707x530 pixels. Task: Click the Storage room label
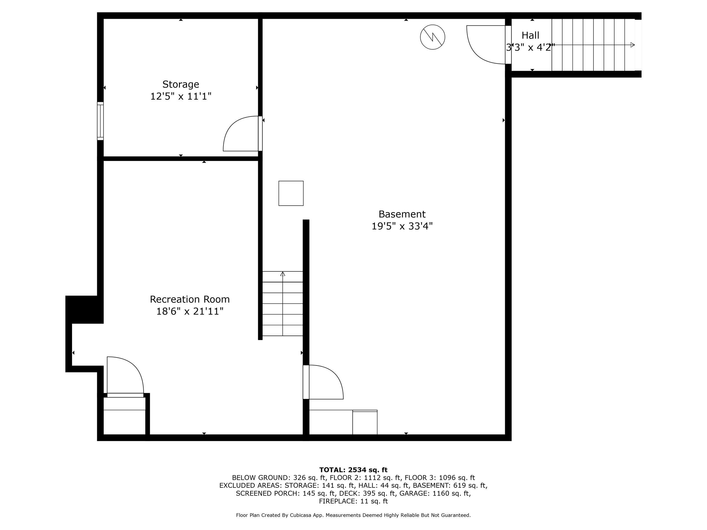(181, 84)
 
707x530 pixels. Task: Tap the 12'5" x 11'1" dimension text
(181, 96)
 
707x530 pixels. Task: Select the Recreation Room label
(190, 299)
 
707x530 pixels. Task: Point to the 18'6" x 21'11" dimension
(190, 311)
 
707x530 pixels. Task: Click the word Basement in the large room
(402, 214)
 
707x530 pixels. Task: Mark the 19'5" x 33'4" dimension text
(402, 226)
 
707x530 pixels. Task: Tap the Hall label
(530, 35)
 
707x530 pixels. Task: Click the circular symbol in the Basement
(432, 37)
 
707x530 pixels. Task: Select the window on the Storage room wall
(100, 121)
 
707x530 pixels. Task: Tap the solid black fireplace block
(85, 309)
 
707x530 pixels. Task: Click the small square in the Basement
(291, 193)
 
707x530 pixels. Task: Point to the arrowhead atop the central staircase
(283, 274)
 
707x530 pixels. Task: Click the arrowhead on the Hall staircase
(632, 45)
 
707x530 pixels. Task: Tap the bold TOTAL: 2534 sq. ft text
(353, 470)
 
